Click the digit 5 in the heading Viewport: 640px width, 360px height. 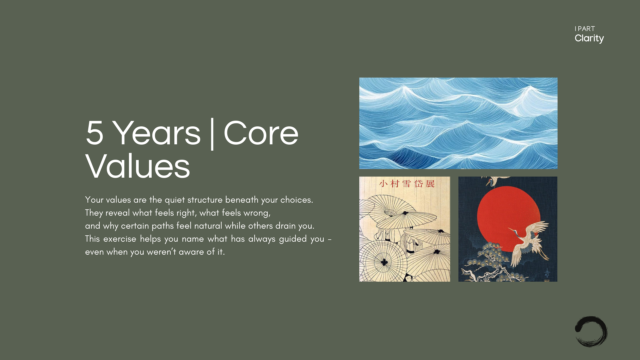click(x=94, y=133)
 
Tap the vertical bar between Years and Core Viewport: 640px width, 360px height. click(x=212, y=134)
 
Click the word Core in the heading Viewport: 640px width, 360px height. click(x=261, y=133)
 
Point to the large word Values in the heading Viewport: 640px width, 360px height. click(x=138, y=166)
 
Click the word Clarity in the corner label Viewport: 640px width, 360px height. click(x=589, y=39)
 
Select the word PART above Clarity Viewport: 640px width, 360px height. click(x=586, y=29)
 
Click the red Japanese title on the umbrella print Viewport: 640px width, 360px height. click(x=407, y=184)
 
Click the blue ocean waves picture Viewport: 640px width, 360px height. click(x=458, y=123)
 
